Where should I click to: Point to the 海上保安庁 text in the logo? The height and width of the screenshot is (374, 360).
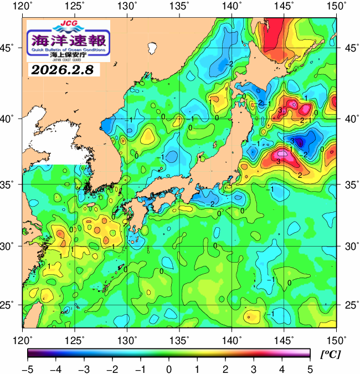click(69, 54)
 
